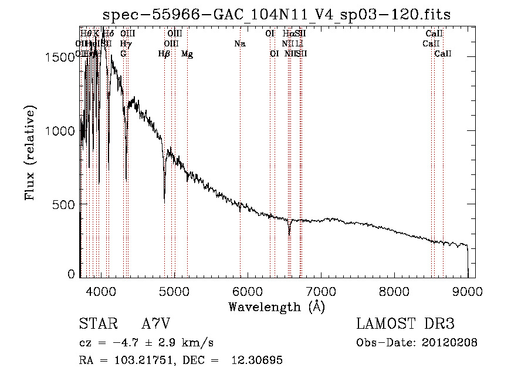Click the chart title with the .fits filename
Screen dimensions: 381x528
(276, 15)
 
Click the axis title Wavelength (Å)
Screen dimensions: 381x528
(276, 306)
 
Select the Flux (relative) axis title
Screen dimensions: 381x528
(30, 153)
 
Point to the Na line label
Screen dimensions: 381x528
(239, 43)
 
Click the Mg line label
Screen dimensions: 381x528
(187, 54)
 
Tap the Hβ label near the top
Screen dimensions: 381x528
(164, 54)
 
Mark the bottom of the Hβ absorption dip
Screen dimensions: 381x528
(164, 201)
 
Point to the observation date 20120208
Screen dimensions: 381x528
(449, 343)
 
